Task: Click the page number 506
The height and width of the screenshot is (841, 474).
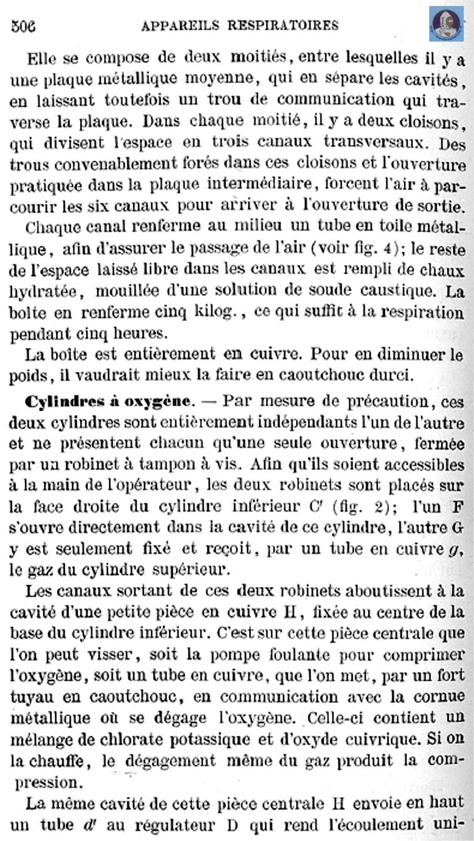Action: (x=23, y=26)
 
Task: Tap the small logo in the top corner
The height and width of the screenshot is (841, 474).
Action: (x=446, y=24)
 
